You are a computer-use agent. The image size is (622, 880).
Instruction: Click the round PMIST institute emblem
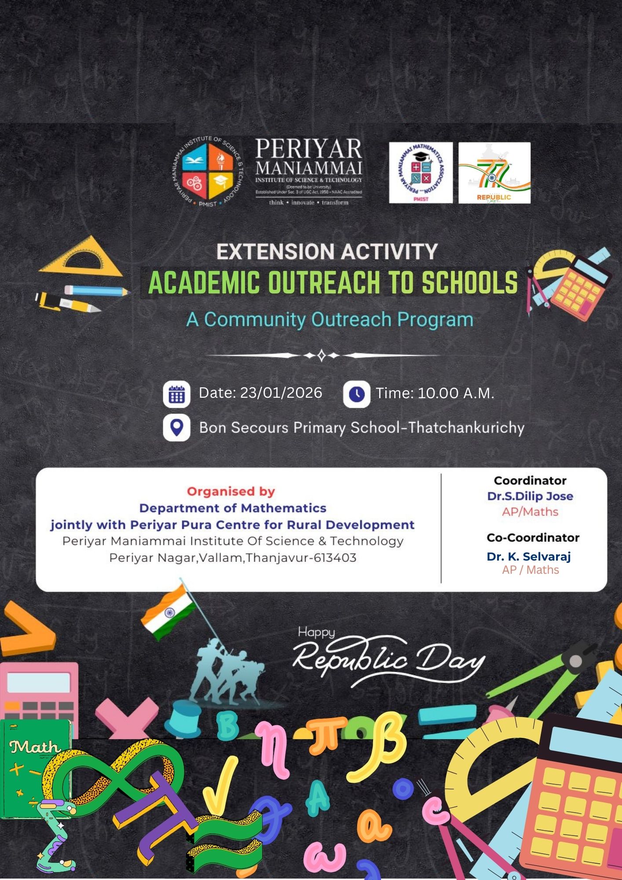207,172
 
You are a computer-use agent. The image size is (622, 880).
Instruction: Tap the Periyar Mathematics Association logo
421,172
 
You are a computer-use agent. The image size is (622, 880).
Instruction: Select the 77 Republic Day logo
494,172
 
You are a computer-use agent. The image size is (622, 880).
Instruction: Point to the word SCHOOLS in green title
469,282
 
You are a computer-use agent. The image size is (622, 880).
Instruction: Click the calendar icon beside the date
177,395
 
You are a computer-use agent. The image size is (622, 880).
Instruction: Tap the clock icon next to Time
356,394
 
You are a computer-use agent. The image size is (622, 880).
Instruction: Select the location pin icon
177,427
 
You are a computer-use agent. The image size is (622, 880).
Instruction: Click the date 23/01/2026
281,393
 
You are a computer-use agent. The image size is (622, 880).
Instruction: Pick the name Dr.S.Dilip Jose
530,496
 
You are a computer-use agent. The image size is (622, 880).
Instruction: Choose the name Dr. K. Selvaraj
528,557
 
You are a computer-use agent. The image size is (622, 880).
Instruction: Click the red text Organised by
231,491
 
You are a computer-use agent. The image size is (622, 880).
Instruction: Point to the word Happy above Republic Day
316,632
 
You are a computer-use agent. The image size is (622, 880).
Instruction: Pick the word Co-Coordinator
533,538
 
